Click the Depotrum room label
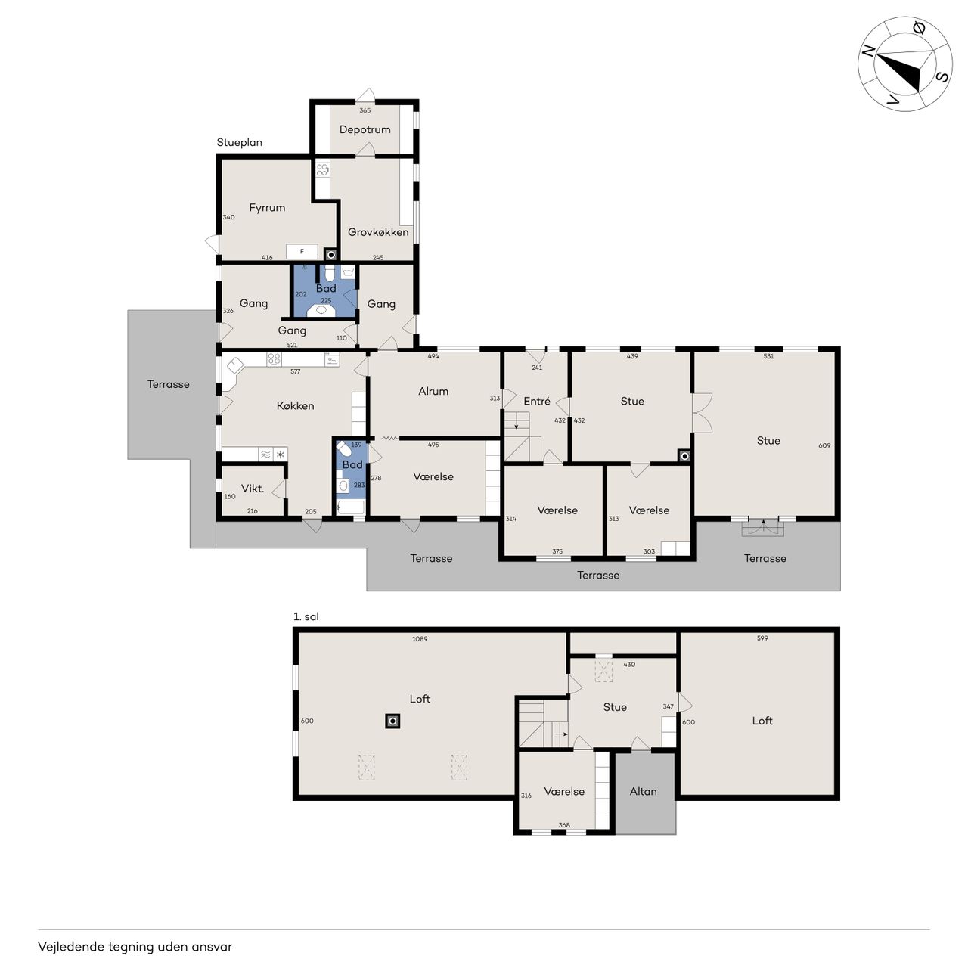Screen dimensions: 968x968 click(x=365, y=129)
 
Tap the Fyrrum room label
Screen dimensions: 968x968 click(x=267, y=207)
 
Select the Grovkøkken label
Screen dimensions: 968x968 click(x=378, y=232)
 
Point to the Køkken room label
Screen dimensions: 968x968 click(x=296, y=405)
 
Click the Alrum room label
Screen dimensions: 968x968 click(x=433, y=391)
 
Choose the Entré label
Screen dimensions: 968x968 click(x=536, y=401)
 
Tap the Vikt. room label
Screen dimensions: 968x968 click(x=252, y=489)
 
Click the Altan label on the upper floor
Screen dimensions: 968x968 click(x=643, y=791)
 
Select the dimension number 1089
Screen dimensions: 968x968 click(x=420, y=639)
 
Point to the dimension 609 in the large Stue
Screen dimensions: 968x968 click(x=824, y=445)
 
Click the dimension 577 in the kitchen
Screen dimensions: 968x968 click(x=296, y=371)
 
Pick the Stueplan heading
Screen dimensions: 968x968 click(x=239, y=143)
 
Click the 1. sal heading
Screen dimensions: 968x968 click(x=306, y=616)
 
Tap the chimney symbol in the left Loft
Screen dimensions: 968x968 click(x=392, y=721)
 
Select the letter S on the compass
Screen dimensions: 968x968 click(x=942, y=77)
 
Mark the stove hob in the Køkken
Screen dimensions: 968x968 click(x=274, y=359)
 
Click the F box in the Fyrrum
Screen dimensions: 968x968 click(x=302, y=251)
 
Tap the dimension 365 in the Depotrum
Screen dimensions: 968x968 click(x=365, y=110)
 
